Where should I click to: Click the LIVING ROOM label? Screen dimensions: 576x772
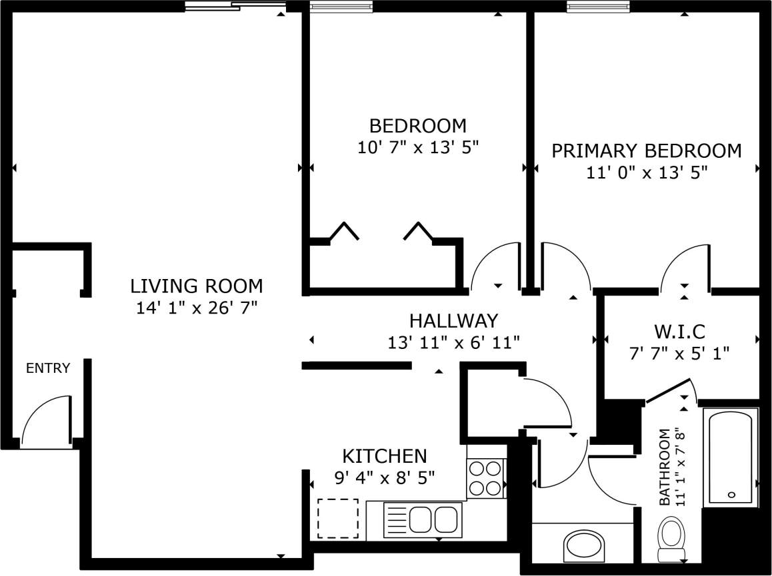coord(196,286)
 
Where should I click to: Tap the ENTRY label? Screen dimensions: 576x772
coord(48,368)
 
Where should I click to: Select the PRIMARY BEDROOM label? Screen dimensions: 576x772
coord(646,151)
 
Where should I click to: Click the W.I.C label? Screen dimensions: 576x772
coord(679,331)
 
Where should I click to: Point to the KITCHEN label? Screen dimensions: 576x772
coord(384,456)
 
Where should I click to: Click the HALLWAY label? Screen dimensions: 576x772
coord(453,321)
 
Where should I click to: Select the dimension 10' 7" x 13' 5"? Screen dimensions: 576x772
coord(418,147)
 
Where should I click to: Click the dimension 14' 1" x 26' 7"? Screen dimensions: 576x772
coord(196,308)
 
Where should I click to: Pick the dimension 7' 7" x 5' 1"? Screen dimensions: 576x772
coord(679,352)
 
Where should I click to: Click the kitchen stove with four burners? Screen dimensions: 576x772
coord(486,478)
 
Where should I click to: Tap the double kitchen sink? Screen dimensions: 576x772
coord(423,519)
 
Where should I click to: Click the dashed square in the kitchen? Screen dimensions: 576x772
coord(337,519)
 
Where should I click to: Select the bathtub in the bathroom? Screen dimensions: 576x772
coord(731,457)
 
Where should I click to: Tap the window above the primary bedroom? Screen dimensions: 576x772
coord(598,7)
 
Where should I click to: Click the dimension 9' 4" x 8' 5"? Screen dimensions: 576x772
coord(384,477)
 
